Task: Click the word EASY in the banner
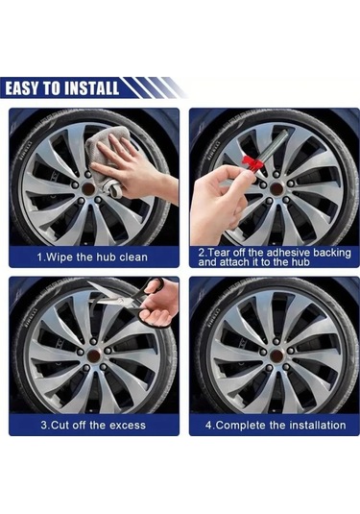23,88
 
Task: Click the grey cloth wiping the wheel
106,154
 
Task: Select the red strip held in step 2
252,162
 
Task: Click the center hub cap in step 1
88,188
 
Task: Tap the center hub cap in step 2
276,188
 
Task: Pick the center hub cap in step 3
94,355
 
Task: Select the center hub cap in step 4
277,355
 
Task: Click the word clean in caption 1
133,257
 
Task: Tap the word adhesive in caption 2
286,253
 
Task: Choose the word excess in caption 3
128,426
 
